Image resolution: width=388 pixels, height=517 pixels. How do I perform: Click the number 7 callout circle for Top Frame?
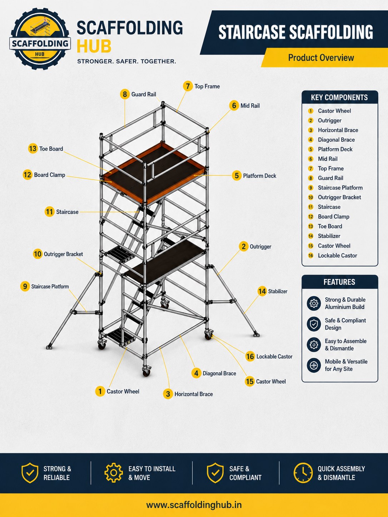tap(188, 86)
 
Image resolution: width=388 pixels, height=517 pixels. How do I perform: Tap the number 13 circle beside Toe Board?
tap(33, 149)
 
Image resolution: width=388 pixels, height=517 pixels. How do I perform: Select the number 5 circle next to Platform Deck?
tap(237, 176)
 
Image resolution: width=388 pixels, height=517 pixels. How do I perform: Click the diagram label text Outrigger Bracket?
tap(63, 254)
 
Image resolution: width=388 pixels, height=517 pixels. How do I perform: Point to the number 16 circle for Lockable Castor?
tap(250, 357)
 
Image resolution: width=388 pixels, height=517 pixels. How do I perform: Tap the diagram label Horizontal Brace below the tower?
tap(194, 394)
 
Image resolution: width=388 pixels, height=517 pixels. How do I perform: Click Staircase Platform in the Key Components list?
tap(340, 188)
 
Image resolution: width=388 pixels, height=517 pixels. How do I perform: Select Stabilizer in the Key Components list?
tap(329, 236)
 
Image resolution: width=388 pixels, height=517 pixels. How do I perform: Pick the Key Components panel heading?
tap(339, 97)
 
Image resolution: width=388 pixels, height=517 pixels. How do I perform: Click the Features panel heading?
tap(339, 282)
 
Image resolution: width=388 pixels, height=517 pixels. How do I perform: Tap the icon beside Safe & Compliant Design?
tap(314, 324)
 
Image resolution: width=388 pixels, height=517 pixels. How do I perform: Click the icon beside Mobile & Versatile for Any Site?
tap(314, 365)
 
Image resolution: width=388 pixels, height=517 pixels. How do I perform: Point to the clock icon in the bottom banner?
tap(303, 473)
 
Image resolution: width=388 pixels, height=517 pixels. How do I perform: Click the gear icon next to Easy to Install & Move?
tap(114, 473)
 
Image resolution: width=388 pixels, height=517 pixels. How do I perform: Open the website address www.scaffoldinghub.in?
tap(194, 505)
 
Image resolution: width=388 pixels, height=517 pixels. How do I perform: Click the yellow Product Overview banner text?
tap(321, 58)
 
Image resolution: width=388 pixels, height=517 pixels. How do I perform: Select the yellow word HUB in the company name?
tap(94, 46)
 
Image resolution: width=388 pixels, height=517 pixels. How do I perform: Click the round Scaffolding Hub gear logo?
tap(40, 39)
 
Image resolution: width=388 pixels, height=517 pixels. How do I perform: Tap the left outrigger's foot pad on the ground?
tap(49, 347)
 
